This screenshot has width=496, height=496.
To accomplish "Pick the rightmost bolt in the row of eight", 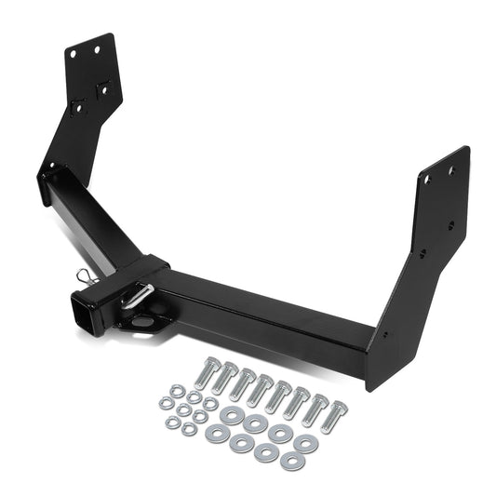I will click(338, 410).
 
